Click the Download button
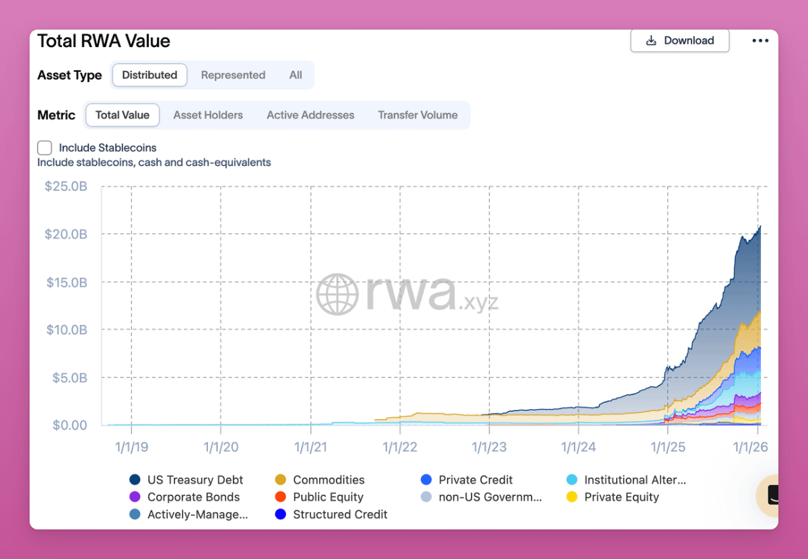[679, 40]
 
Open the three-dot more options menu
[760, 40]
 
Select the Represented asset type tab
[233, 75]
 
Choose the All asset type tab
[296, 75]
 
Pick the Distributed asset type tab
[149, 75]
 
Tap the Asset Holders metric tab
[208, 115]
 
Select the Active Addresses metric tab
[310, 115]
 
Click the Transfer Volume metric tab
[417, 115]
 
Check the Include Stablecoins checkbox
[45, 148]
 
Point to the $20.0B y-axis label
[67, 234]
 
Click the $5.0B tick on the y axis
[70, 377]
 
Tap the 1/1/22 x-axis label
[400, 447]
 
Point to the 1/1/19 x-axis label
[131, 447]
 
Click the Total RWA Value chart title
[104, 41]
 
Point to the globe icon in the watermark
[337, 294]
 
